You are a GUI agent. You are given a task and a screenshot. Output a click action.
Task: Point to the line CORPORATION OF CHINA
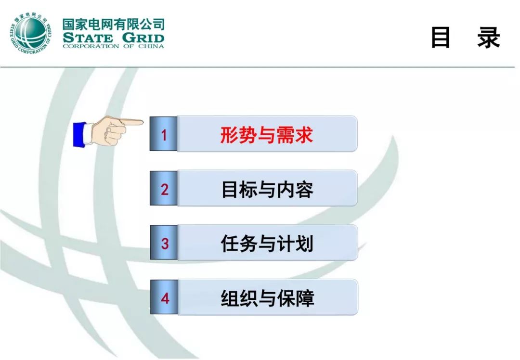coord(114,47)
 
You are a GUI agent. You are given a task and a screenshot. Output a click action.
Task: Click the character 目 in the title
coord(441,38)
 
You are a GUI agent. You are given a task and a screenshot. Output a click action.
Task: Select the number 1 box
coord(164,134)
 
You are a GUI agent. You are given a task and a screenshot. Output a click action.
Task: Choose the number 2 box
coord(164,189)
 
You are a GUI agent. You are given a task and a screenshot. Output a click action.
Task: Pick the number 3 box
coord(164,244)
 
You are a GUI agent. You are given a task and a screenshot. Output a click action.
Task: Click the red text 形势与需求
coord(267,134)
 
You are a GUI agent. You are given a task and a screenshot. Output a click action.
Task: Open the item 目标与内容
coord(267,189)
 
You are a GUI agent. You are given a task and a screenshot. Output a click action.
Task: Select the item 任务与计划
coord(267,244)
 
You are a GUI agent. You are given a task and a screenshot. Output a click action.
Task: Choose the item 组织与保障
coord(267,298)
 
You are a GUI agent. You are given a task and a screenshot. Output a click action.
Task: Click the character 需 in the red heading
coord(286,134)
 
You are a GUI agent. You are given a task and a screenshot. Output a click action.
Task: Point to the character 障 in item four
coord(305,298)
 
